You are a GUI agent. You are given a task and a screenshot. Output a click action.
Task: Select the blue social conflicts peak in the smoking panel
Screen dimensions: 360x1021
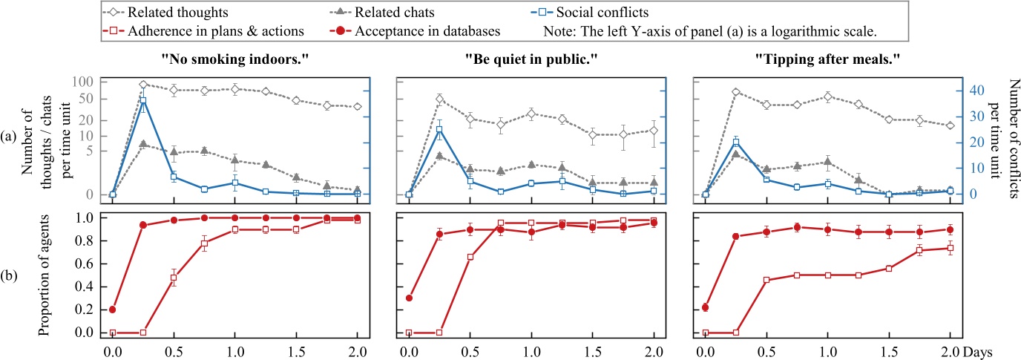pos(143,100)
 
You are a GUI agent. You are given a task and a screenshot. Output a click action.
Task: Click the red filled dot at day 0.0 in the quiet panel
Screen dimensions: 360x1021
pos(409,298)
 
